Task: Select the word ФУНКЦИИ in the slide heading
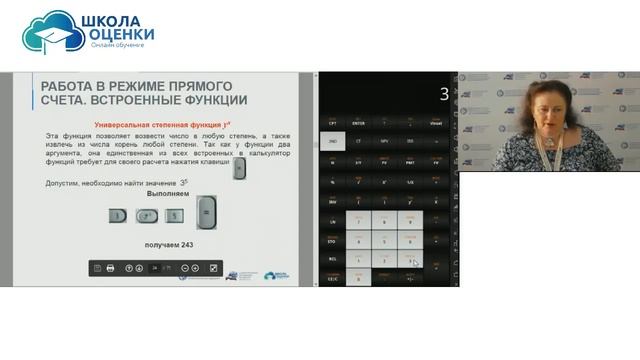(208, 100)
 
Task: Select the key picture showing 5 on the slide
(175, 215)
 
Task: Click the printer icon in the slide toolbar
(111, 268)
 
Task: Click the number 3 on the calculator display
(443, 95)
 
